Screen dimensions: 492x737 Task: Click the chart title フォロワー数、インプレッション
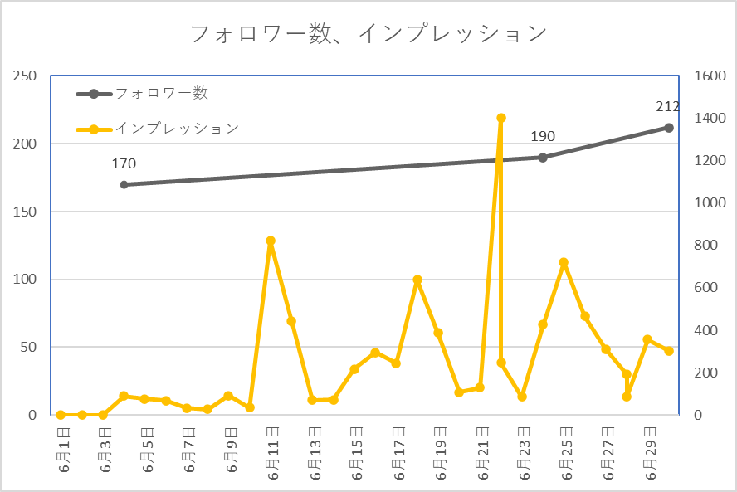click(x=368, y=34)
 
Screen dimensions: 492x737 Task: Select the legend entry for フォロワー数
click(x=161, y=94)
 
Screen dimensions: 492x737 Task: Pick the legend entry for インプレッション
click(x=176, y=129)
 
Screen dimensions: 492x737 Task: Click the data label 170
click(x=124, y=164)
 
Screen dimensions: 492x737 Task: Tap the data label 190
click(x=543, y=137)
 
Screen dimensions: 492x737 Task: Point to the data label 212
click(x=666, y=106)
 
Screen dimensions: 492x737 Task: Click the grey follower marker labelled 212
click(x=668, y=128)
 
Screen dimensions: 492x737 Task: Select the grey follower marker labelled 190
click(x=543, y=158)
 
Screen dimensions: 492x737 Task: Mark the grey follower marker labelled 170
click(x=124, y=184)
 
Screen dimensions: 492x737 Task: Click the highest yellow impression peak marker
click(x=501, y=118)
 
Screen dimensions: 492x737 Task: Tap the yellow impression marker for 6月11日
click(x=271, y=241)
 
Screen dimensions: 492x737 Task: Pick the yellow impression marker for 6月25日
click(x=564, y=262)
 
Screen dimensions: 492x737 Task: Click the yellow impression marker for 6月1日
click(x=61, y=415)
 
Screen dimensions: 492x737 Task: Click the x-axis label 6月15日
click(x=356, y=452)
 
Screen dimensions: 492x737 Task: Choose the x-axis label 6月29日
click(x=650, y=452)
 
